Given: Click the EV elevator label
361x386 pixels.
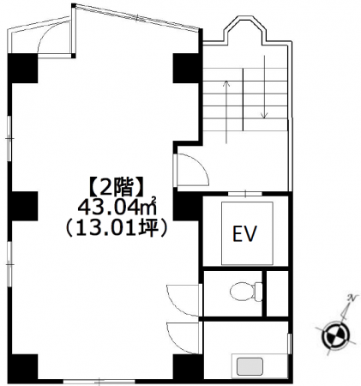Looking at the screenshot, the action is click(245, 233).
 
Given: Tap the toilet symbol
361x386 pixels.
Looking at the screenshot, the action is click(246, 292).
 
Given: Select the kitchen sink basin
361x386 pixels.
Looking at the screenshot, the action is click(250, 366).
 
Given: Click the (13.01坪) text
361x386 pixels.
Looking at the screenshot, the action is click(116, 228).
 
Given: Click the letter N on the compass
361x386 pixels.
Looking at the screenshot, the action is click(352, 299).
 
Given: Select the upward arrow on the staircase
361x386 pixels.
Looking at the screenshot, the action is click(226, 112).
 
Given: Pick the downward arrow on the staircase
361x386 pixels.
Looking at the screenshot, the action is click(265, 87).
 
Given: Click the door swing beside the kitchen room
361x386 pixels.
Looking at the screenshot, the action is click(184, 338).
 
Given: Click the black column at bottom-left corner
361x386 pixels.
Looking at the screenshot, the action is click(22, 367).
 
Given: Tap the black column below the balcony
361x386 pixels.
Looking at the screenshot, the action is click(22, 68).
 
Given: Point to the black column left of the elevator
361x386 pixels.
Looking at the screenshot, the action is click(187, 206).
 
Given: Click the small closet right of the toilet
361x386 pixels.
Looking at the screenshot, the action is click(277, 293).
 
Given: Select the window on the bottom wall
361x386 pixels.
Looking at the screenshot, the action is click(99, 382).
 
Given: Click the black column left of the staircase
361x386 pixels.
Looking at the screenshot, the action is click(187, 68).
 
